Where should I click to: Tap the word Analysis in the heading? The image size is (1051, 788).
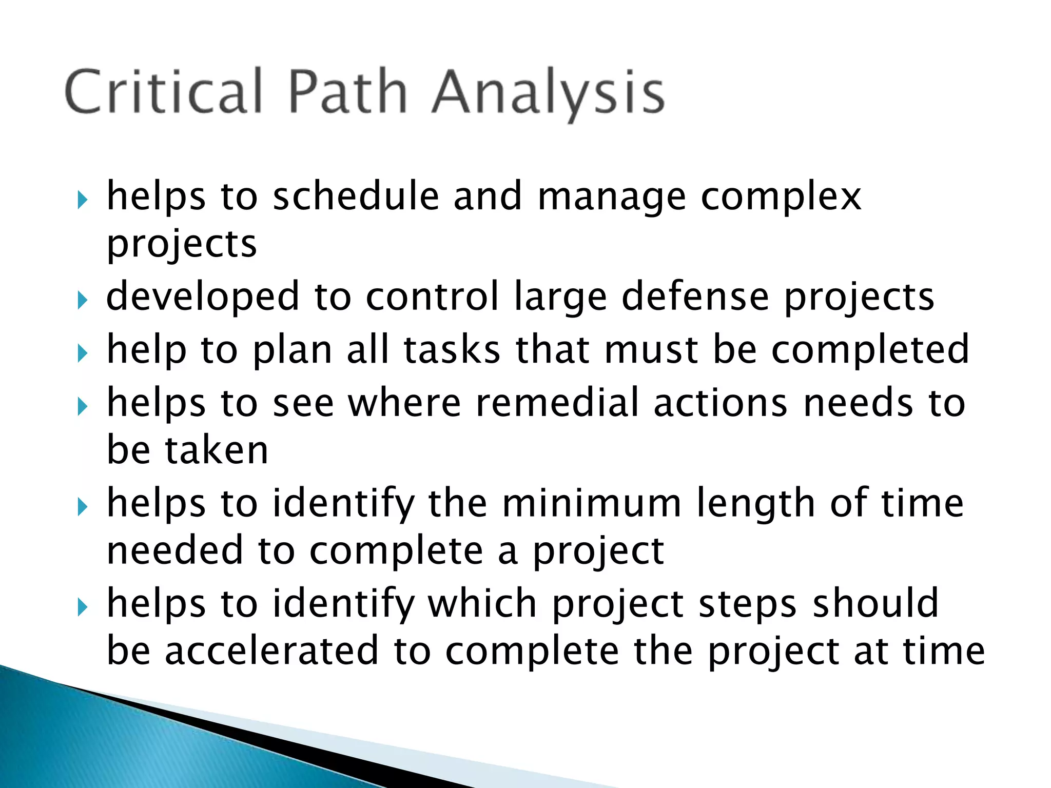pyautogui.click(x=548, y=92)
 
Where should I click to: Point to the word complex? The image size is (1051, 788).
pyautogui.click(x=781, y=198)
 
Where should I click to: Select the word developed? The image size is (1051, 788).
pyautogui.click(x=203, y=298)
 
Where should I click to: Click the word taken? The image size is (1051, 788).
pyautogui.click(x=217, y=450)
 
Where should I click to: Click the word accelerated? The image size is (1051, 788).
pyautogui.click(x=272, y=651)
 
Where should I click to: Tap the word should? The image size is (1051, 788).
pyautogui.click(x=875, y=603)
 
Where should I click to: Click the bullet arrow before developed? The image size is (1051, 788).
pyautogui.click(x=83, y=300)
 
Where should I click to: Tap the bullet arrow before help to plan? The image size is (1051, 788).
pyautogui.click(x=83, y=353)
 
